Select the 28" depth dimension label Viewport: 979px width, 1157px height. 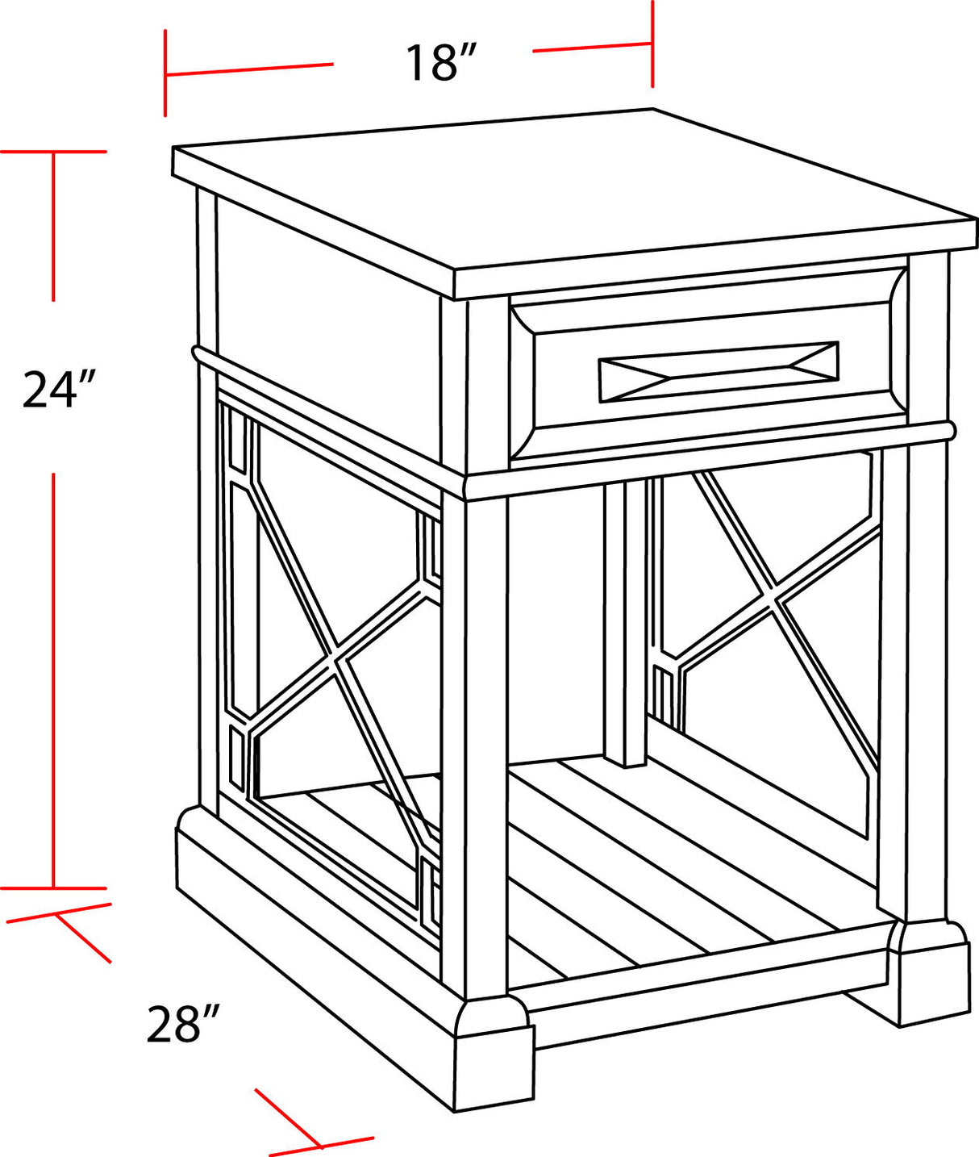point(183,1024)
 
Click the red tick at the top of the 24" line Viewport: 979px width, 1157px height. point(53,151)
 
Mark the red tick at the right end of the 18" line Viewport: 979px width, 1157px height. point(652,44)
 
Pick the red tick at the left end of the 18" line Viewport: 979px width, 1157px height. point(165,73)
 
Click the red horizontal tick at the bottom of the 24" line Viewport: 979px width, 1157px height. point(53,888)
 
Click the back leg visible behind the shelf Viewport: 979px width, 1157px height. point(626,621)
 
